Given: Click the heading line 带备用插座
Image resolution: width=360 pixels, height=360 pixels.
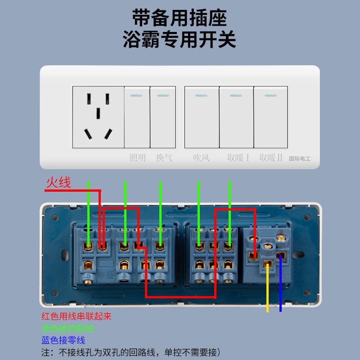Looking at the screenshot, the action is coord(180,18).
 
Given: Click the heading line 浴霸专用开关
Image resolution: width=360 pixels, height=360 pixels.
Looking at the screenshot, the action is coord(180,40).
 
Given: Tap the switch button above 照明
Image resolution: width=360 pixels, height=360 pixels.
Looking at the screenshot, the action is coord(137,117).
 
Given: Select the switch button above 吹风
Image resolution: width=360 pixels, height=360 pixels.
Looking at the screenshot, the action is coord(201,117).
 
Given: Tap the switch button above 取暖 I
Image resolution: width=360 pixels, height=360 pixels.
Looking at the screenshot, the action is coord(236,117).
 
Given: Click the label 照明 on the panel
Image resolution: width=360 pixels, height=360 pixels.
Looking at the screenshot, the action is coord(138,158).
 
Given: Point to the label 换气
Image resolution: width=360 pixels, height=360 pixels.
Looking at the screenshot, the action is coord(164,158).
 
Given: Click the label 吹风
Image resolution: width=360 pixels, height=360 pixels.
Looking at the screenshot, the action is coord(201,158).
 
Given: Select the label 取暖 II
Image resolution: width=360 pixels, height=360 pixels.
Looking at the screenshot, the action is coord(270,158).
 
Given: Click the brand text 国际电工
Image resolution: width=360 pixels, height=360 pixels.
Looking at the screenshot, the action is coord(300,158).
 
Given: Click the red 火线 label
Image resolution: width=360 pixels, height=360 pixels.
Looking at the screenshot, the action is coord(58,182).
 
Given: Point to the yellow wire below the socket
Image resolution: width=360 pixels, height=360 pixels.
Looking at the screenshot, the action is coord(268,292).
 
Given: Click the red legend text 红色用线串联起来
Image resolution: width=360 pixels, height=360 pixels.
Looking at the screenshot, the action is coord(76,316).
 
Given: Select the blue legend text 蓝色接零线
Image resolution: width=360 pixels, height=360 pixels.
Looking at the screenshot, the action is coord(63,340).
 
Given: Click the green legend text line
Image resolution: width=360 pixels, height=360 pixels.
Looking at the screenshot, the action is coord(67,328).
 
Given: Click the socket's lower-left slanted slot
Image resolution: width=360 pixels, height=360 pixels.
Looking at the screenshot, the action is coord(88,133).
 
